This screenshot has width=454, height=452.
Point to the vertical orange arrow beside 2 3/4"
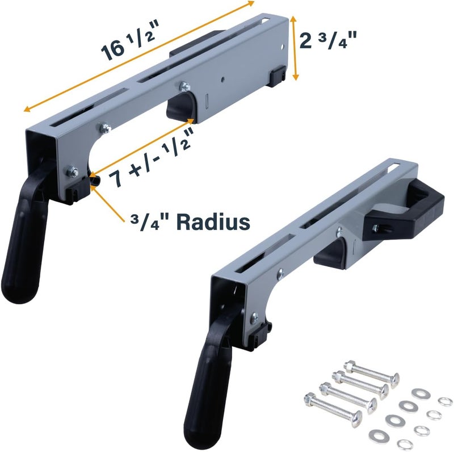[294, 48]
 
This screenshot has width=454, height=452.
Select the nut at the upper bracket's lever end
[72, 170]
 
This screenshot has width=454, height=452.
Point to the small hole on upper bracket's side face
[225, 80]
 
